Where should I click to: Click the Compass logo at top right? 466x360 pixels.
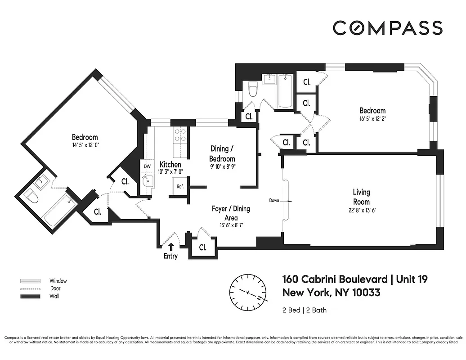tap(387, 28)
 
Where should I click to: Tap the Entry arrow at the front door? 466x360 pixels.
tap(171, 246)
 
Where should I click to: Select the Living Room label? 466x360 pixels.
tap(361, 196)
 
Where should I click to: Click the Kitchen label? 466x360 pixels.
tap(170, 165)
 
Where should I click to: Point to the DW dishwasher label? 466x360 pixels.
tap(147, 166)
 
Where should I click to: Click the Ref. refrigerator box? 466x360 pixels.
tap(179, 186)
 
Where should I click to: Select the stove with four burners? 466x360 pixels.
tap(180, 135)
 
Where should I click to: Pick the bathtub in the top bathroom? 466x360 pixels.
tap(285, 91)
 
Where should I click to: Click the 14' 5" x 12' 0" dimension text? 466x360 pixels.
tap(85, 145)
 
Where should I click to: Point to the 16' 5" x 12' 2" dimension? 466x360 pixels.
tap(372, 119)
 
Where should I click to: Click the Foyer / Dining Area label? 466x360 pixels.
tap(231, 213)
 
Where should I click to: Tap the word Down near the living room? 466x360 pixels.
tap(274, 200)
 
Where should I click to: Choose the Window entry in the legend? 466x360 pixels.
tap(58, 281)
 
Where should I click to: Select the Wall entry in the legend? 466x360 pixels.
tap(54, 296)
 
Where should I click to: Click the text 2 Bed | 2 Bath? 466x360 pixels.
tap(304, 310)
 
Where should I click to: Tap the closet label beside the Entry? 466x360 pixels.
tap(202, 247)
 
